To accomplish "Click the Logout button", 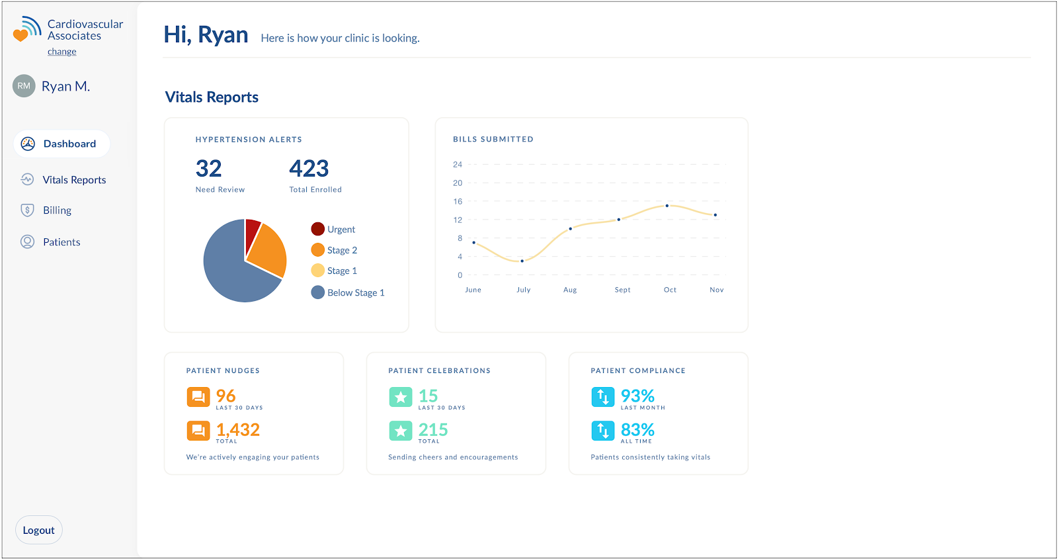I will click(38, 530).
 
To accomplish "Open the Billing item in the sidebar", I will click(57, 210).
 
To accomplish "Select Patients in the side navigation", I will click(61, 242).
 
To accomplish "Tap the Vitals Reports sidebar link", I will click(74, 180).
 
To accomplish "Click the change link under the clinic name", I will click(61, 52).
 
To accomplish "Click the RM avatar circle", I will click(24, 86).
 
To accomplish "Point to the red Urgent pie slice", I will click(252, 232).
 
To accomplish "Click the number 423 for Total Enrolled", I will click(309, 169).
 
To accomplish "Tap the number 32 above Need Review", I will click(209, 169).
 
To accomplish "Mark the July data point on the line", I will click(522, 261).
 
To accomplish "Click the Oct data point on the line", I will click(667, 206).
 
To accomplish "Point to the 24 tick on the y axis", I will click(458, 164).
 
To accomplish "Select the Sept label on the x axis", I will click(622, 290).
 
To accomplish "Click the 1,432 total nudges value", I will click(238, 430).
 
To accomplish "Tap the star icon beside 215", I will click(400, 431).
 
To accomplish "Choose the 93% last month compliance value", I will click(637, 396).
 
